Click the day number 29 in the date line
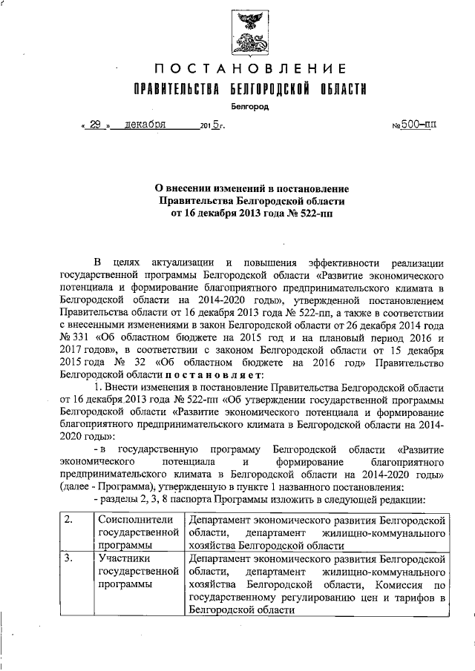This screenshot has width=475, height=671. point(96,125)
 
